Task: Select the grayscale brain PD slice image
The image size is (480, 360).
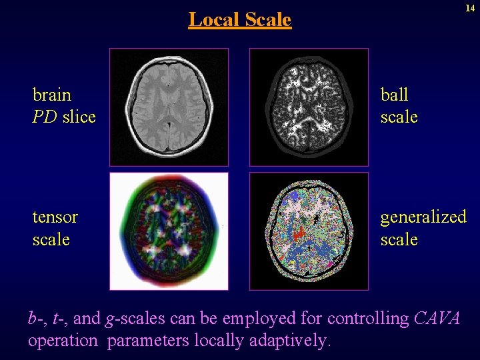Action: (169, 107)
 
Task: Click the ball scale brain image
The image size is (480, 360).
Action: (309, 107)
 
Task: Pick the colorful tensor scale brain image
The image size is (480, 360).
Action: (169, 231)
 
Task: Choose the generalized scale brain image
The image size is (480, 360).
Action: (309, 231)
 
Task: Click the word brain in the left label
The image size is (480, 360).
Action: (52, 95)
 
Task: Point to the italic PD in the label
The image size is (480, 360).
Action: (45, 117)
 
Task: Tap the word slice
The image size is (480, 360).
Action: (79, 117)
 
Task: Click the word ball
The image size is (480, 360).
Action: (394, 95)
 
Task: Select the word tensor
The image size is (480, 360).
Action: (55, 217)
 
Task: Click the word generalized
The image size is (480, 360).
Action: (423, 217)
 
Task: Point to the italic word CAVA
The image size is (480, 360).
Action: (437, 319)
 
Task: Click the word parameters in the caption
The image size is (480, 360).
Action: (148, 341)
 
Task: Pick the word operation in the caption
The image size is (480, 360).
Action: (63, 341)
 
